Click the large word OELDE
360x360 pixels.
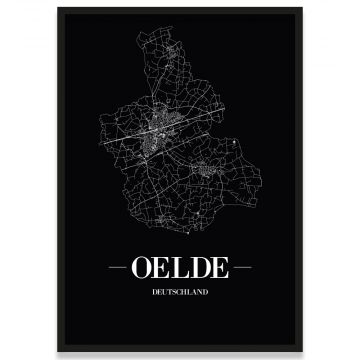coord(179,267)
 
